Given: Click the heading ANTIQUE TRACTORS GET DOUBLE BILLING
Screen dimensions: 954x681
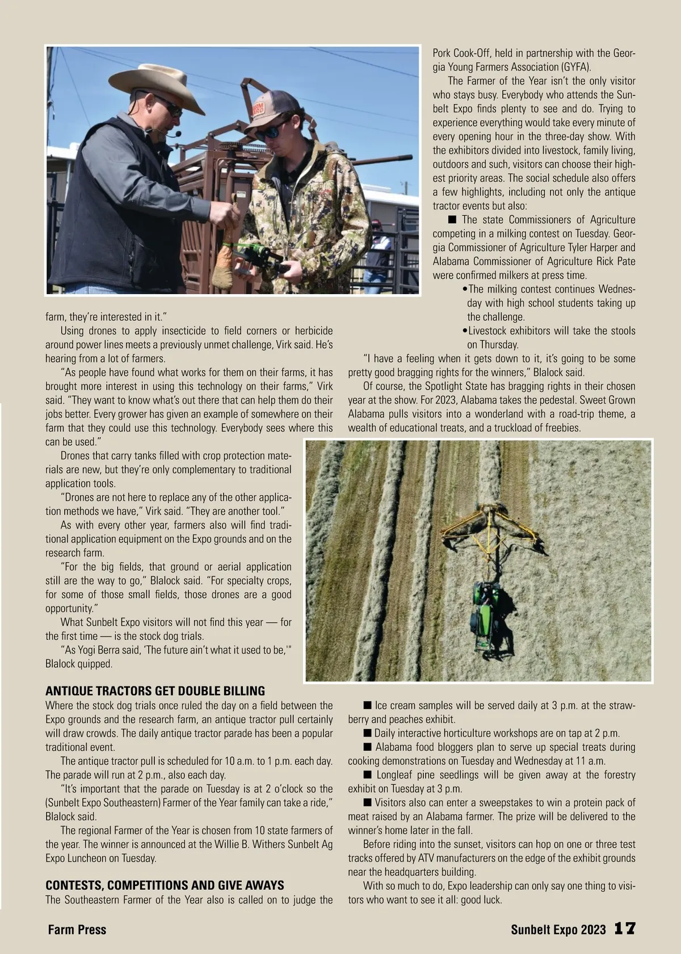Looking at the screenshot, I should point(155,691).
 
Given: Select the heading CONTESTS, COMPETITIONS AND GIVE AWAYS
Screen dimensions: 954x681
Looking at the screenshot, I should point(165,885).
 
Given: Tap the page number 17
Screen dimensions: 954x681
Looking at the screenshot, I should point(625,929).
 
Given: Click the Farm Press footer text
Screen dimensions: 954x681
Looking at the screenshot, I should point(77,930).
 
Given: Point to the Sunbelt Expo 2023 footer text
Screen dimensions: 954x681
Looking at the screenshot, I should point(558,930).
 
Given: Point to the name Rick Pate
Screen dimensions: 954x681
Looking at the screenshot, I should point(616,262).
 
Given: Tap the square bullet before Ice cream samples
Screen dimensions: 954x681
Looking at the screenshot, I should point(368,706).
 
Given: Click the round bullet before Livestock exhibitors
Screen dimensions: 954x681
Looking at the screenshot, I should point(465,331).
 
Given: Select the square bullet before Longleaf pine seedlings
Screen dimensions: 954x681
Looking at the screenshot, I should point(368,775).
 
